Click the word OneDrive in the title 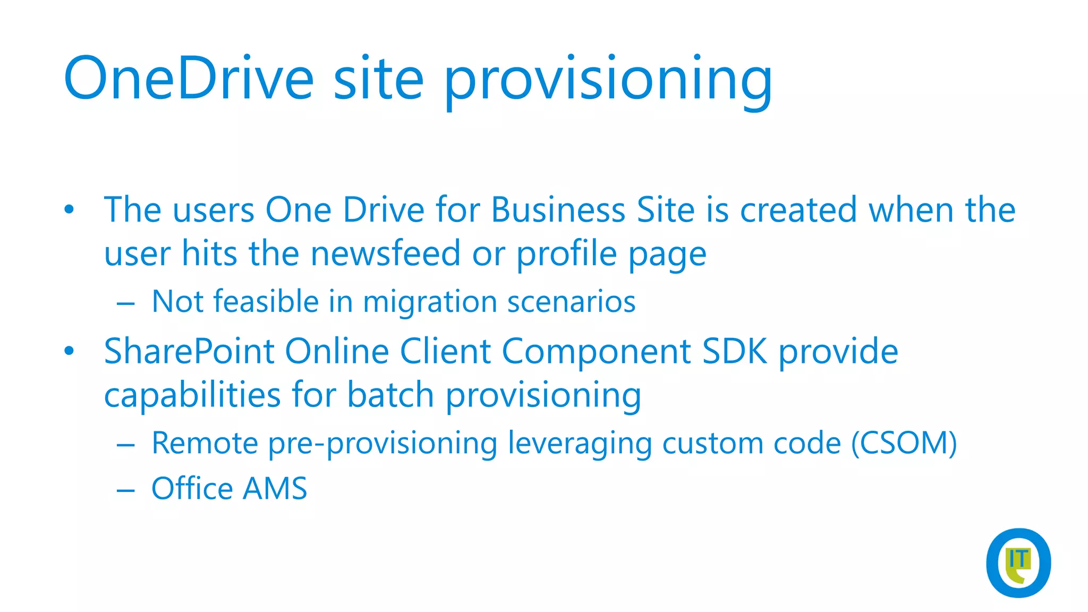pyautogui.click(x=189, y=79)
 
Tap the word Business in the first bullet pyautogui.click(x=558, y=210)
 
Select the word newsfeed pyautogui.click(x=385, y=253)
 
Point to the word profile pyautogui.click(x=566, y=253)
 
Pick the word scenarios pyautogui.click(x=571, y=302)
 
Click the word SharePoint pyautogui.click(x=189, y=352)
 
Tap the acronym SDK pyautogui.click(x=734, y=352)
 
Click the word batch pyautogui.click(x=390, y=395)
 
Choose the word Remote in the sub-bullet pyautogui.click(x=205, y=443)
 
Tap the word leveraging pyautogui.click(x=580, y=443)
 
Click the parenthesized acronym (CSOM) pyautogui.click(x=904, y=443)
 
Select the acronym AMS pyautogui.click(x=275, y=488)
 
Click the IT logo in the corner pyautogui.click(x=1018, y=563)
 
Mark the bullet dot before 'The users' pyautogui.click(x=69, y=210)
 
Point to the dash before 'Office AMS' pyautogui.click(x=126, y=490)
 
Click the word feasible pyautogui.click(x=266, y=302)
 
